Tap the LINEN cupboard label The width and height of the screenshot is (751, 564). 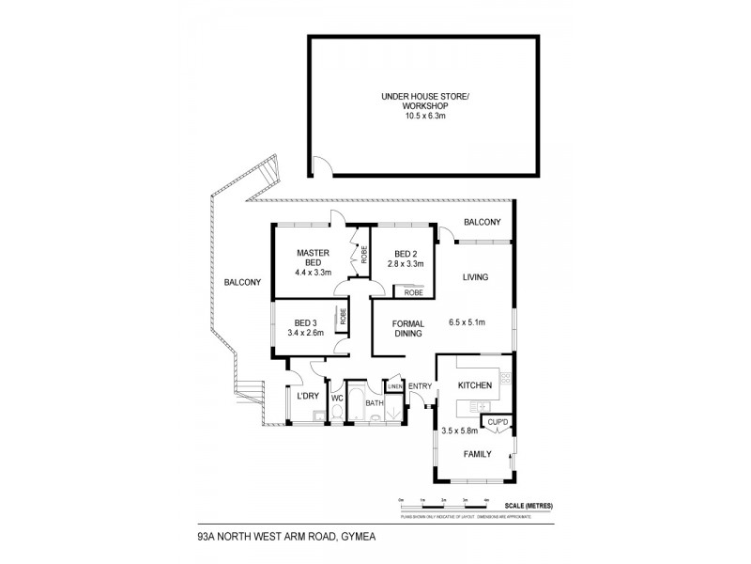click(x=394, y=386)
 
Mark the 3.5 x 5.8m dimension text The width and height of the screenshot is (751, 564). click(x=461, y=431)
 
